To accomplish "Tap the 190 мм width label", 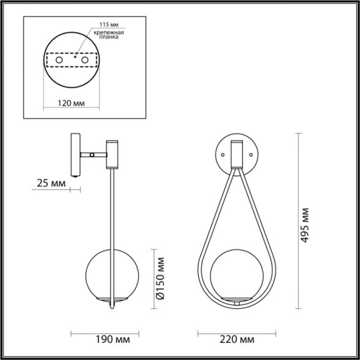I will (x=103, y=338).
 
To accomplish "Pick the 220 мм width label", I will (x=235, y=338).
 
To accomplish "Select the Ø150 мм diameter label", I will (x=160, y=277).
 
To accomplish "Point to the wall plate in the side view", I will (x=74, y=155).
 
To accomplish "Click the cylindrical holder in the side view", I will (x=112, y=153).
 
